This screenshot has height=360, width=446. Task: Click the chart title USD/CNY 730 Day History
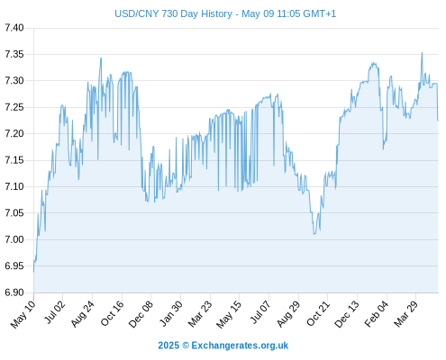click(173, 13)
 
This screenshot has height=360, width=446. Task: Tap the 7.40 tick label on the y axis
click(14, 28)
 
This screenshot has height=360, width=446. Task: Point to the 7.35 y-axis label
click(14, 54)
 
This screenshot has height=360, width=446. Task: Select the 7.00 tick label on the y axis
click(14, 239)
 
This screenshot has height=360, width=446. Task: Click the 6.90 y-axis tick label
click(14, 292)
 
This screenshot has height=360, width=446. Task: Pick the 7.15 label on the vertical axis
click(14, 160)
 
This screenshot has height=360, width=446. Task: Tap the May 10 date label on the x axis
click(23, 314)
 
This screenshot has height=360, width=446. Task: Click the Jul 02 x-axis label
click(54, 312)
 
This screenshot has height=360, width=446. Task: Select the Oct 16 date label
click(112, 313)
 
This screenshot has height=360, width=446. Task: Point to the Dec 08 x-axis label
click(141, 314)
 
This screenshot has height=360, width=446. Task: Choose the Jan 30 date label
click(170, 313)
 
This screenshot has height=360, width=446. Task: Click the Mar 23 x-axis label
click(200, 314)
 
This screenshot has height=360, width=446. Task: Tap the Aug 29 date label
click(288, 314)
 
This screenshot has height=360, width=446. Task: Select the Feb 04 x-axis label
click(377, 314)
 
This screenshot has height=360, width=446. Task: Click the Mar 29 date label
click(405, 314)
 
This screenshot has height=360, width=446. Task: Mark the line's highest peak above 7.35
click(422, 52)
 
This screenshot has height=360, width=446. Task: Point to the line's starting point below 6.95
click(33, 272)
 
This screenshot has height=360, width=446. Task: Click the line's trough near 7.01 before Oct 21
click(314, 234)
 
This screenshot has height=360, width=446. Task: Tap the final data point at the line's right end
click(438, 121)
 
